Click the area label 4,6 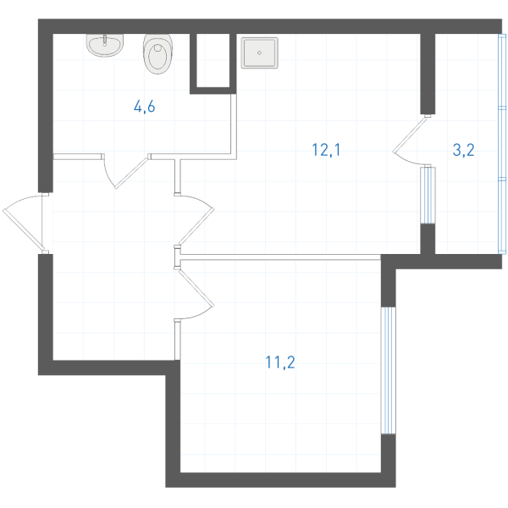145,107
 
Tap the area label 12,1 326,150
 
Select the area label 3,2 463,150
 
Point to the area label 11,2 280,362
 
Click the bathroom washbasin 105,45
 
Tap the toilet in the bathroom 157,53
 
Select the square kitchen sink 260,52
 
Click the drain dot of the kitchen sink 259,52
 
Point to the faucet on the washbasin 105,40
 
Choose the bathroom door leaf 132,173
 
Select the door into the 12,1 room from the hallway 196,227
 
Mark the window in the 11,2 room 388,370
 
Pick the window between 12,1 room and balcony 428,195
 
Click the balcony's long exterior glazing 502,144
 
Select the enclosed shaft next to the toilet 213,60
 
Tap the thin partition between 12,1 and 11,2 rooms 280,257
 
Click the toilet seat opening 157,57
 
